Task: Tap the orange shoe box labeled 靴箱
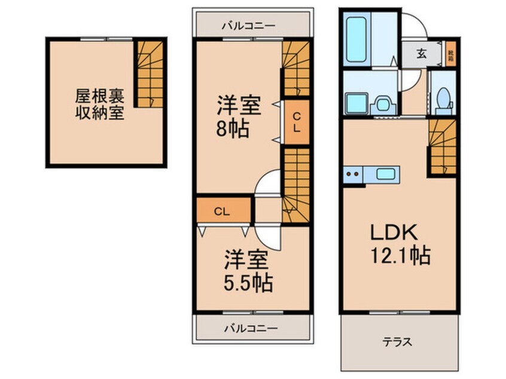(450, 54)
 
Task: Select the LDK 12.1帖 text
(399, 246)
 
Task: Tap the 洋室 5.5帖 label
(245, 272)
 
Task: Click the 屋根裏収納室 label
(99, 104)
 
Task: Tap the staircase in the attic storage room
(148, 73)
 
